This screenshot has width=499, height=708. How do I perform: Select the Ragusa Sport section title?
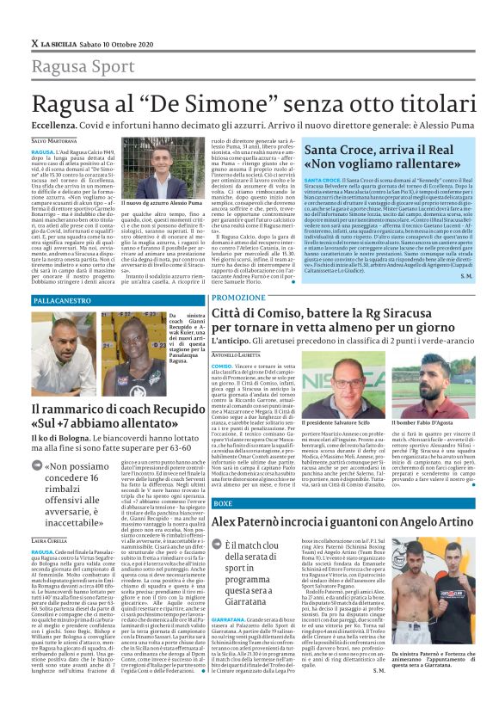pos(83,65)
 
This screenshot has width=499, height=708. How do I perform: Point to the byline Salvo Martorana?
pos(55,140)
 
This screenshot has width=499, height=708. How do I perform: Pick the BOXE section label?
pos(222,502)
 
